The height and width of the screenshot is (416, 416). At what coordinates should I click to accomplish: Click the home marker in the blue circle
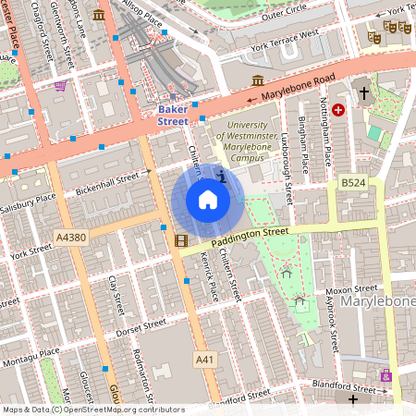click(x=208, y=200)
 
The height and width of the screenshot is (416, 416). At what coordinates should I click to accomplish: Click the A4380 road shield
click(x=70, y=238)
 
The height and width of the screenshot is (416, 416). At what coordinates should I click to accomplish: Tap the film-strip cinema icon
click(x=180, y=240)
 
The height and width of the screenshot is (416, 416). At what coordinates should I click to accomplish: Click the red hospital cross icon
click(x=338, y=110)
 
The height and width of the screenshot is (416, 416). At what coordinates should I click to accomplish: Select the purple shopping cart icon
click(x=60, y=85)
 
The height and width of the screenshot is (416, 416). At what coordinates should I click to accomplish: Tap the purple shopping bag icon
click(x=385, y=376)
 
